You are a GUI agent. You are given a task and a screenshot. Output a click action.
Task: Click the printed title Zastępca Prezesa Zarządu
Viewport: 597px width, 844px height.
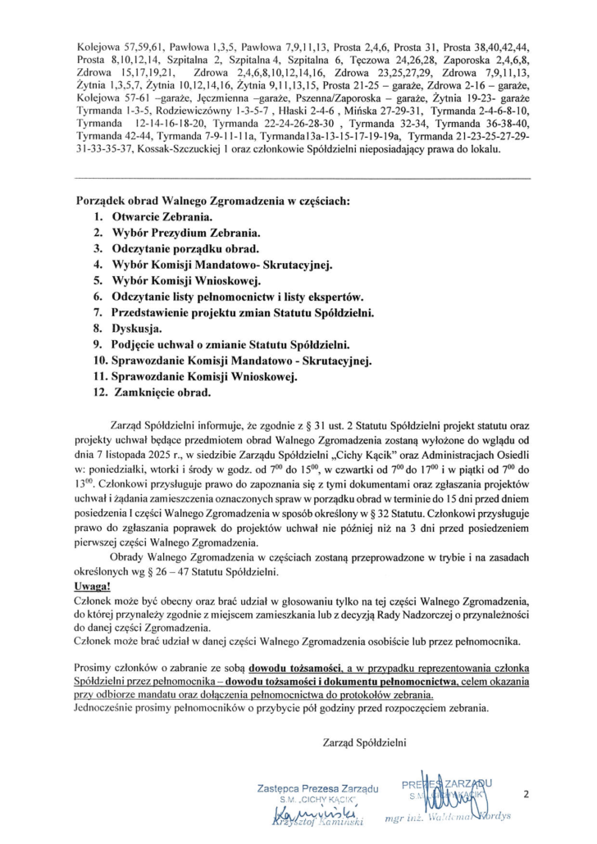pos(316,788)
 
